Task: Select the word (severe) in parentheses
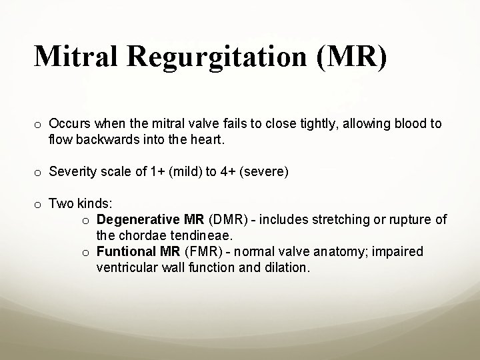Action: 267,172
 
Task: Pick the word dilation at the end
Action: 288,267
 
